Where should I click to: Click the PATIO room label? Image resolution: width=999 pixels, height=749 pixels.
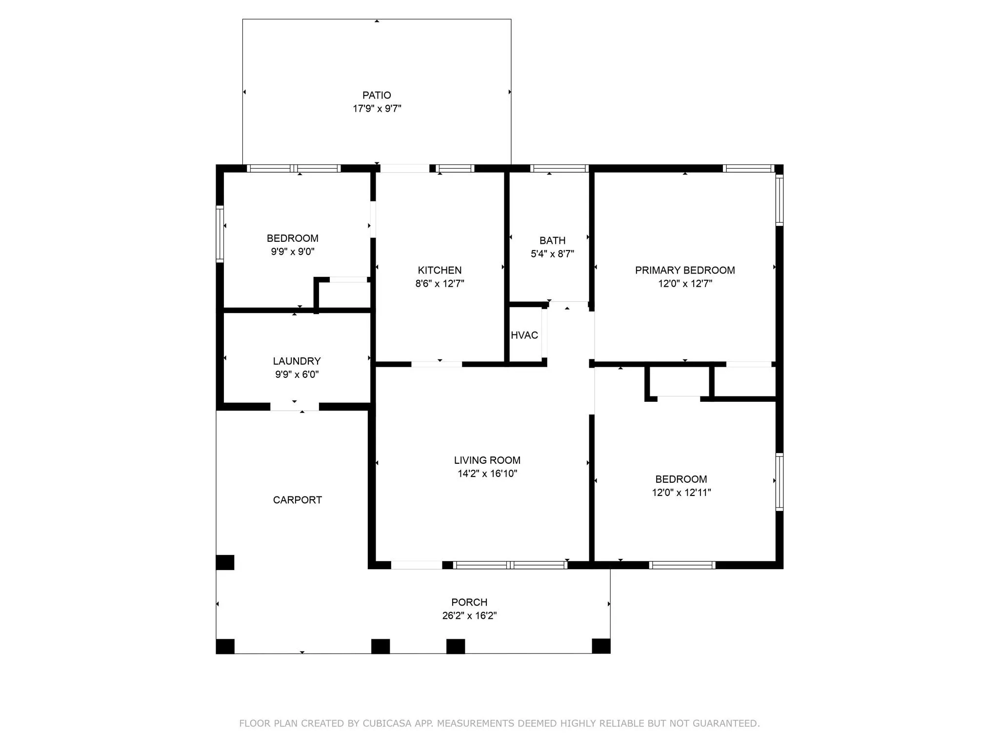click(x=377, y=95)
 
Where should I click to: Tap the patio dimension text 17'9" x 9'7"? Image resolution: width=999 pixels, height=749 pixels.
click(x=377, y=108)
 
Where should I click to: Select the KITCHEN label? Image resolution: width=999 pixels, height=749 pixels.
click(x=440, y=270)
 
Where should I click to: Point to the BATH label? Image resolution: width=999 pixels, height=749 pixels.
click(x=553, y=240)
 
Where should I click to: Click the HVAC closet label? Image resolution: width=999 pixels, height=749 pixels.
click(x=524, y=335)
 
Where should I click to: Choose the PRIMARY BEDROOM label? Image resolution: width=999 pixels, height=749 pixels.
click(x=685, y=270)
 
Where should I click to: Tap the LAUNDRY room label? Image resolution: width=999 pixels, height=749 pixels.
click(x=297, y=361)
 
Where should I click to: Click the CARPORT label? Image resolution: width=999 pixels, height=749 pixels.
click(x=297, y=500)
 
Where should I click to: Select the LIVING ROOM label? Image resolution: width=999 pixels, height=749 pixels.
click(x=487, y=460)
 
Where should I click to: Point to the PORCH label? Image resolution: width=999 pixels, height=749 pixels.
click(x=469, y=602)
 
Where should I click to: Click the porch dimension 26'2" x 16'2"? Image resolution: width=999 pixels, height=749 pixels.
click(x=469, y=615)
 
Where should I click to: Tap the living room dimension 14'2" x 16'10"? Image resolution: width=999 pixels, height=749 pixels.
click(x=487, y=473)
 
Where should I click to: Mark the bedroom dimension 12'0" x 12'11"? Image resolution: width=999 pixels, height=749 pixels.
click(x=681, y=492)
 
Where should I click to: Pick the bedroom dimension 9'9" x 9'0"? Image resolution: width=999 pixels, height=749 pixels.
click(x=293, y=252)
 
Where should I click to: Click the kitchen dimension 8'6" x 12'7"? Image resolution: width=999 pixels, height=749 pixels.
click(x=440, y=283)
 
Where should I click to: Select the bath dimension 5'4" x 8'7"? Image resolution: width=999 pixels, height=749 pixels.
click(x=553, y=254)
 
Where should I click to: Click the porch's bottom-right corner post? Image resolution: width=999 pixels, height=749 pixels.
click(x=601, y=646)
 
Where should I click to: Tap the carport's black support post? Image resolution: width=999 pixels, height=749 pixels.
click(x=225, y=562)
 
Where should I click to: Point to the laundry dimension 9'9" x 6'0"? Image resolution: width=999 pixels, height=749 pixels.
click(x=297, y=374)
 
